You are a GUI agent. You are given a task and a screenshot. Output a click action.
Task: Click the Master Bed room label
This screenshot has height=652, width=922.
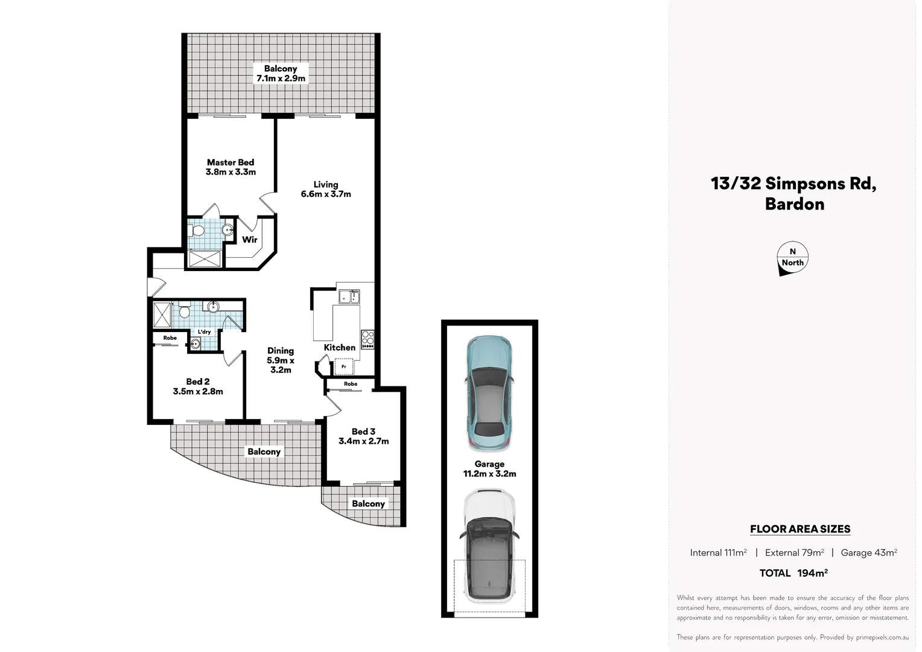[x=230, y=167]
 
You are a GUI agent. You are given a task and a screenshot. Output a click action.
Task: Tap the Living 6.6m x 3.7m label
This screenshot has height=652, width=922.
[x=326, y=189]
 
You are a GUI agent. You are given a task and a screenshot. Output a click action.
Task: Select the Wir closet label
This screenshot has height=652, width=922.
[x=249, y=240]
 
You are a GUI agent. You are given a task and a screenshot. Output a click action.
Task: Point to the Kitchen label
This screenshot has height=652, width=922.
[x=339, y=347]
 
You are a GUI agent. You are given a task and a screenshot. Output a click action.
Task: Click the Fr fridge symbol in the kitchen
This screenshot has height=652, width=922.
[x=344, y=366]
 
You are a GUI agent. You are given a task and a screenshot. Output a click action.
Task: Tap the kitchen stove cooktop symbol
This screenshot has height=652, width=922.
[x=367, y=339]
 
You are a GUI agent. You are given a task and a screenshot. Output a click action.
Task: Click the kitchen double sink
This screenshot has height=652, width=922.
[x=349, y=296]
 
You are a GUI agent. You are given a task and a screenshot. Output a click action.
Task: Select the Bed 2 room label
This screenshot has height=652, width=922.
[x=198, y=386]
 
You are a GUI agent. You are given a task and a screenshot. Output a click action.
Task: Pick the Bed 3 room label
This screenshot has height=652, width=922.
[x=363, y=436]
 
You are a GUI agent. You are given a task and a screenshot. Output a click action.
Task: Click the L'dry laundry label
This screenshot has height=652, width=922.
[x=205, y=332]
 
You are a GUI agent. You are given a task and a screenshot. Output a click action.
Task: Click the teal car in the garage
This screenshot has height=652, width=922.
[x=489, y=394]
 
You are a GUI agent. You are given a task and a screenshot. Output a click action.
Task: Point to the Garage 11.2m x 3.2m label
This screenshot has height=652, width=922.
[x=489, y=469]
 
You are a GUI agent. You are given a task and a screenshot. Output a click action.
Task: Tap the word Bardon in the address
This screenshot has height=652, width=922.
[x=794, y=204]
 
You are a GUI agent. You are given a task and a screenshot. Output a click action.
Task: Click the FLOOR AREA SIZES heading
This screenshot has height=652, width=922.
[x=800, y=529]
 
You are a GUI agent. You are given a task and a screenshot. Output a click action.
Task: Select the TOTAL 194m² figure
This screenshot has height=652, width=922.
[x=793, y=573]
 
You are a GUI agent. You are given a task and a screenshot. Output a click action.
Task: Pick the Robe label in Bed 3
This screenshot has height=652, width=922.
[x=351, y=384]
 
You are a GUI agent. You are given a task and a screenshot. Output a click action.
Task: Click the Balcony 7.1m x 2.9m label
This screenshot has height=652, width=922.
[x=281, y=74]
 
